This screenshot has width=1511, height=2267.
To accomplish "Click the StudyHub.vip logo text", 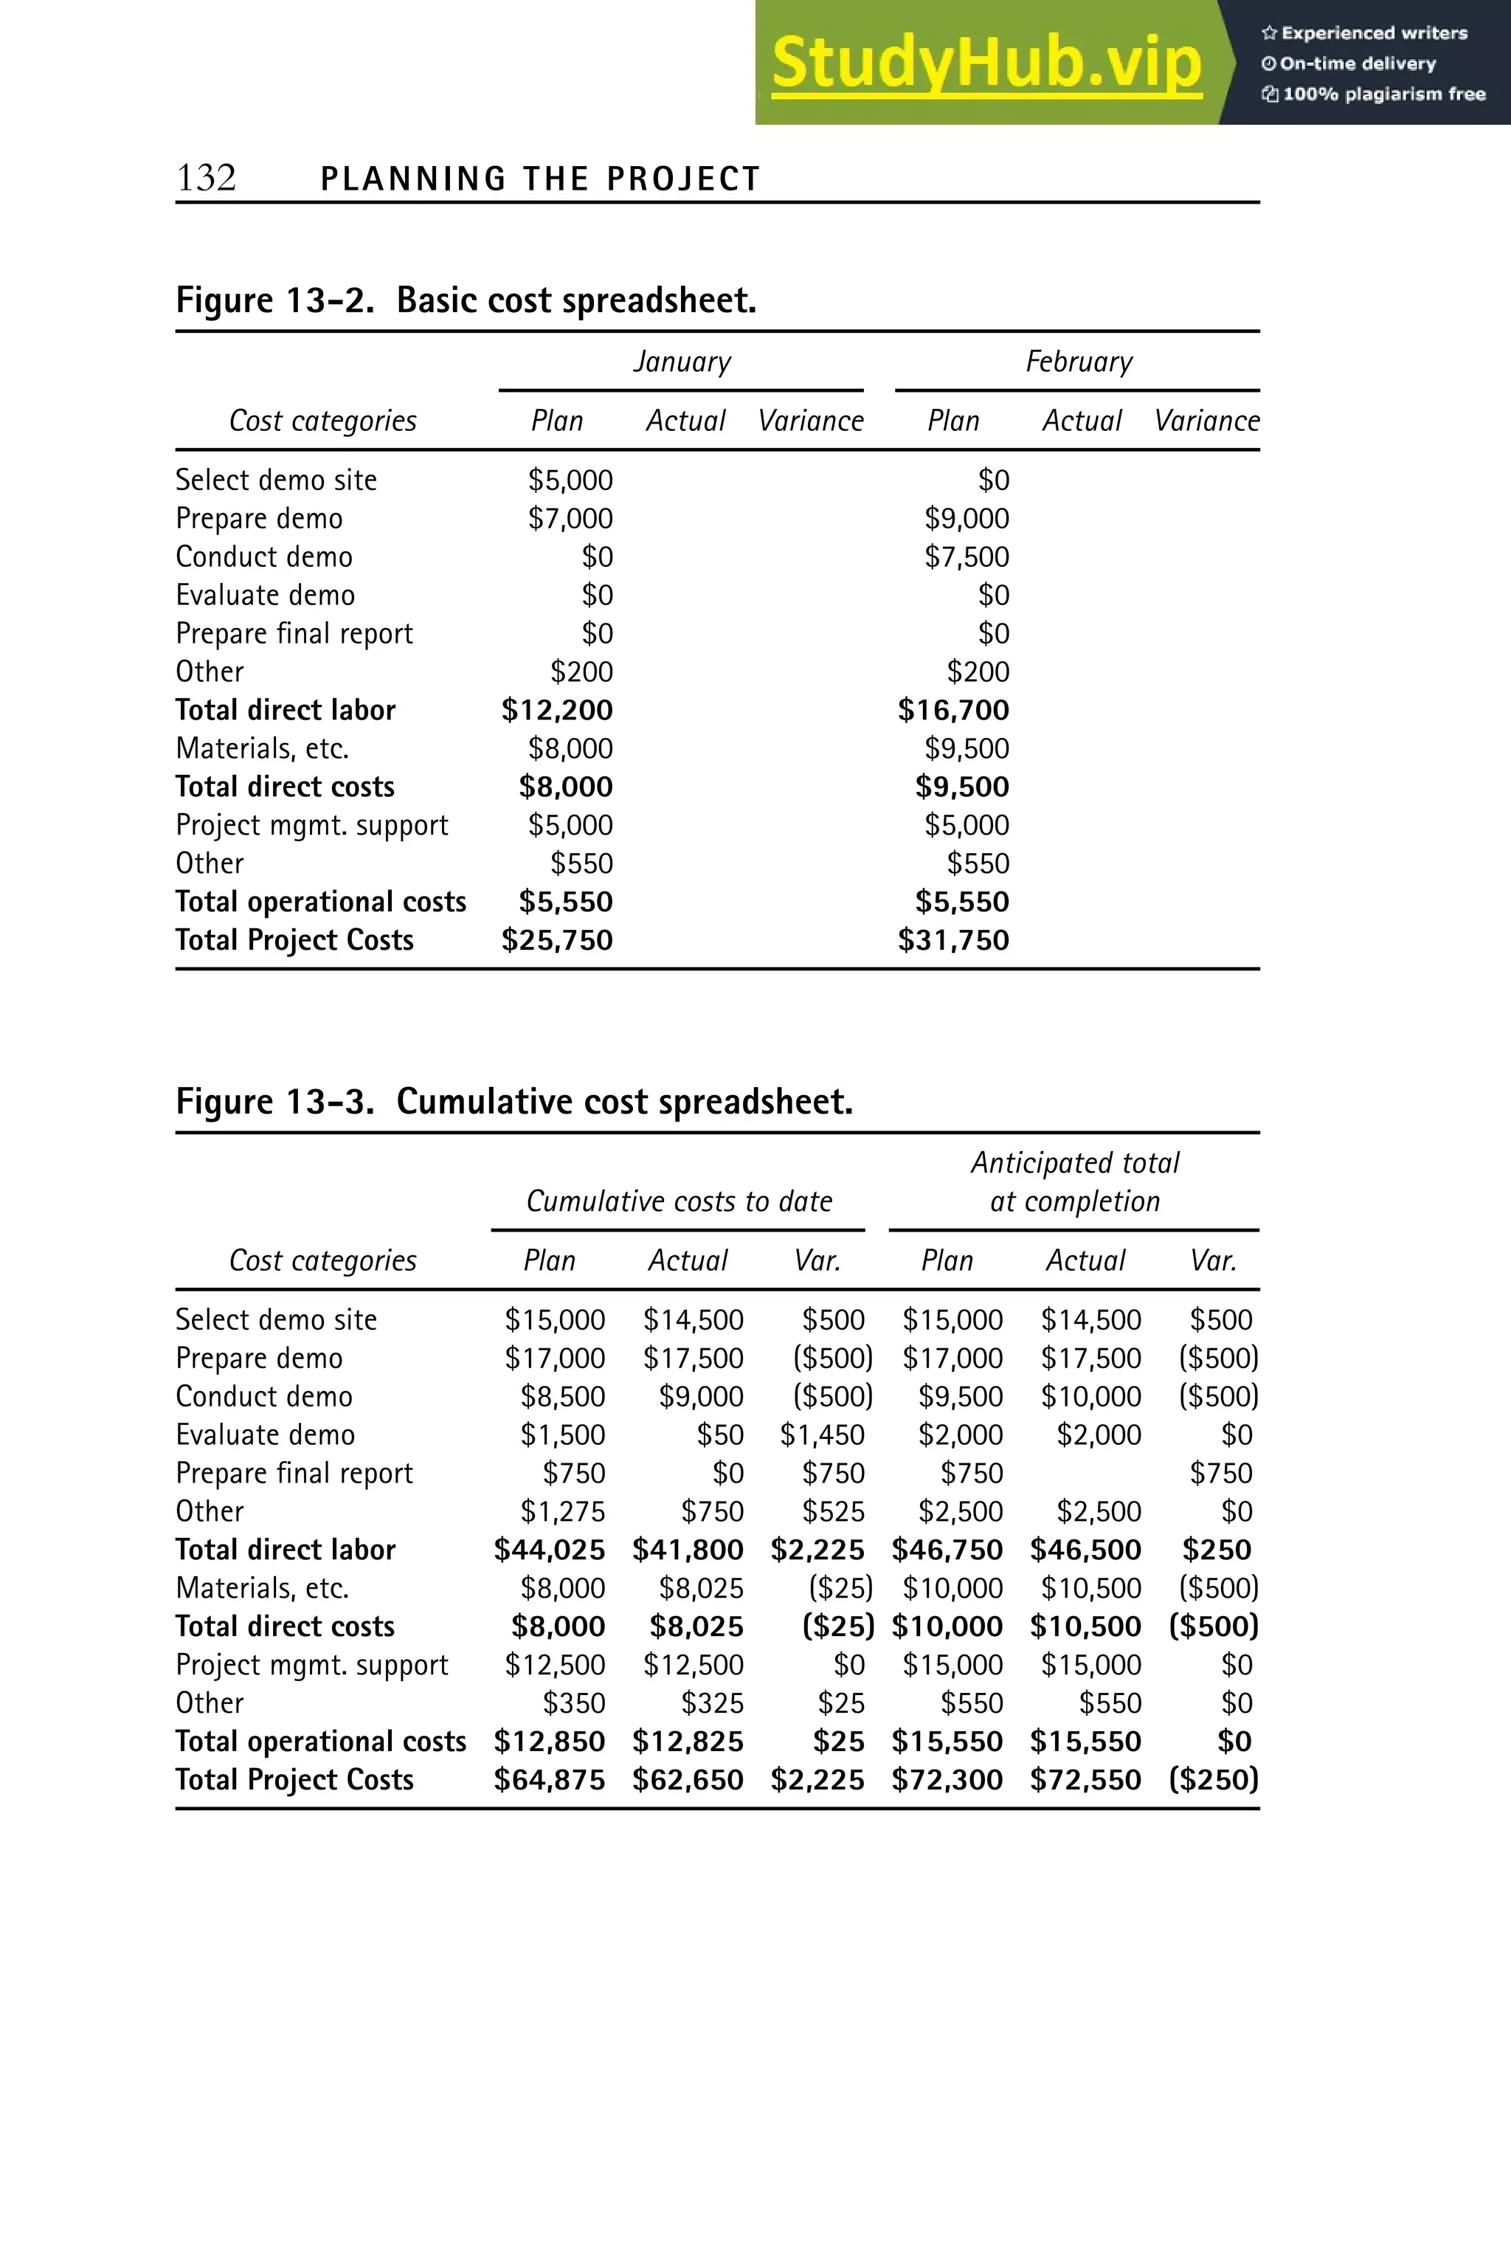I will tap(986, 63).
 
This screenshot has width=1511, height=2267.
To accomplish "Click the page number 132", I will tap(207, 179).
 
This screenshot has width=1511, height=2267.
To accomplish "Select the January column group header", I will tap(681, 362).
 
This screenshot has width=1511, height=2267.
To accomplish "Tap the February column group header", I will tap(1079, 362).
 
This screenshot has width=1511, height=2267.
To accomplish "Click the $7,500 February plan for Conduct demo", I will tap(967, 557).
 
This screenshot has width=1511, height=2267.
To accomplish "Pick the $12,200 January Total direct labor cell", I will tap(557, 711).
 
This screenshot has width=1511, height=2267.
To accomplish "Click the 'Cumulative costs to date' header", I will tap(679, 1202).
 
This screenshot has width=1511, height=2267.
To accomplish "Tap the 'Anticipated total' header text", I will tap(1074, 1163).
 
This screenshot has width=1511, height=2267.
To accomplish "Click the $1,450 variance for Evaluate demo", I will tap(822, 1435).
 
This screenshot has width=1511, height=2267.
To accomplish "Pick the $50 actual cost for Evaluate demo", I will tap(720, 1435).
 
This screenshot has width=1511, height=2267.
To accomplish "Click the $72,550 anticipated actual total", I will tap(1085, 1779).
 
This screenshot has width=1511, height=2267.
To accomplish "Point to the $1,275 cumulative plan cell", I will tap(563, 1511).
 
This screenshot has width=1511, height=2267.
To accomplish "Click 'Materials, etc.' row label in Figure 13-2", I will tap(262, 749).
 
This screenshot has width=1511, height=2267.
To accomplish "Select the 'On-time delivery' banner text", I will tap(1357, 63).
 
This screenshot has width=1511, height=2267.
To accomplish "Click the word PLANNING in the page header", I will tap(412, 179).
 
